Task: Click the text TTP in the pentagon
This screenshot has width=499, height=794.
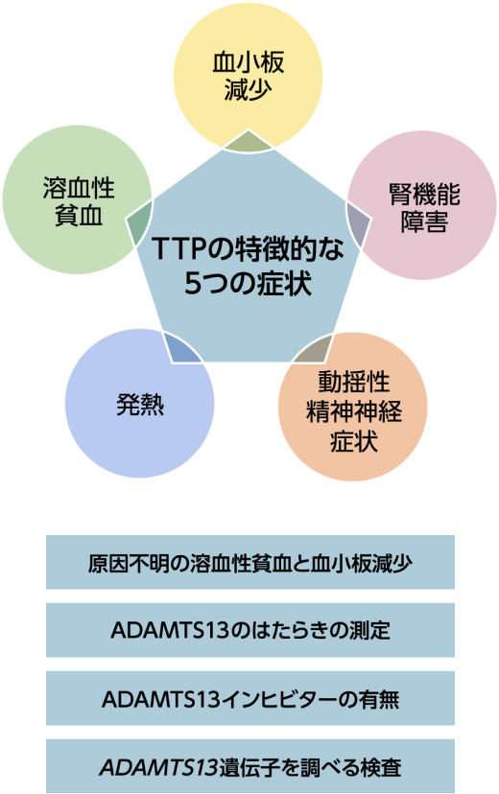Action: [x=177, y=248]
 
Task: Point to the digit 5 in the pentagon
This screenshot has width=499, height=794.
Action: [x=193, y=284]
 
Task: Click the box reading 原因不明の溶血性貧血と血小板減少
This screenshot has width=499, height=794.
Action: [x=250, y=562]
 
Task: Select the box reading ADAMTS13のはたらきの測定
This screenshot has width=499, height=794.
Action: [x=250, y=630]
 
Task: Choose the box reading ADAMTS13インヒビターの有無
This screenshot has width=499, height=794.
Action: [x=250, y=698]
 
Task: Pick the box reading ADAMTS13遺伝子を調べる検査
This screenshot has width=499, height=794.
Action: [x=250, y=766]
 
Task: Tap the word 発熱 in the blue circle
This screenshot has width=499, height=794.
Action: [x=140, y=405]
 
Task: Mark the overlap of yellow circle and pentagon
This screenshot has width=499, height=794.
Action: [x=249, y=142]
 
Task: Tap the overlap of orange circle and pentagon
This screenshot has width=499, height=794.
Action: [x=313, y=349]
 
